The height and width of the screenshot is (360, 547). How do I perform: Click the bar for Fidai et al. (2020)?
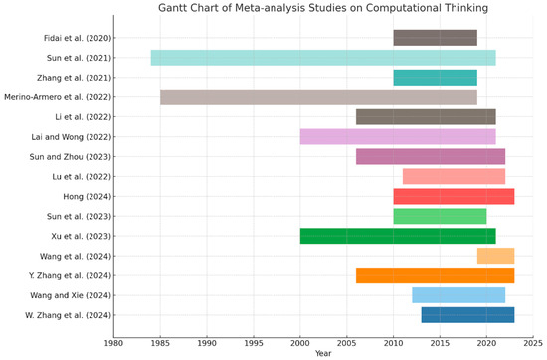click(x=435, y=38)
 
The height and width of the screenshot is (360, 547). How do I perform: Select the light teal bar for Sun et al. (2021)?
click(x=323, y=58)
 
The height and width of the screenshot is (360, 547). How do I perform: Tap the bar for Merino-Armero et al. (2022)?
click(x=319, y=97)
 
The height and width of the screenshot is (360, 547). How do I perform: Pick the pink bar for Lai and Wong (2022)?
click(x=398, y=137)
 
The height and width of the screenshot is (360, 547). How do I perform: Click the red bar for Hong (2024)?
click(x=454, y=196)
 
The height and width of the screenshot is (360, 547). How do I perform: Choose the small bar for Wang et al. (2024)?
click(x=495, y=256)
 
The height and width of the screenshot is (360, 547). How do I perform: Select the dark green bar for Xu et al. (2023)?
click(x=398, y=236)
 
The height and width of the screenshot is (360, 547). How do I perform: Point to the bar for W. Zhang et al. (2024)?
click(x=467, y=315)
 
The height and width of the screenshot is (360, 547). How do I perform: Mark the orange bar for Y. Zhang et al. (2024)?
click(x=435, y=275)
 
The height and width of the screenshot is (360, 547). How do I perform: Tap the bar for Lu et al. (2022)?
click(x=454, y=176)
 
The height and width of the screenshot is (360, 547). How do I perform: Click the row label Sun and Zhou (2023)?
click(x=71, y=157)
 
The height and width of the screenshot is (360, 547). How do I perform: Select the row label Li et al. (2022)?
click(x=84, y=117)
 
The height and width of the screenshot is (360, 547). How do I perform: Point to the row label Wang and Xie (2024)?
click(x=71, y=295)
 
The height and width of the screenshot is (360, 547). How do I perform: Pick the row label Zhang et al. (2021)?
click(x=75, y=78)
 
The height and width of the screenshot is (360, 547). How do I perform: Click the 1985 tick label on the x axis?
click(x=160, y=343)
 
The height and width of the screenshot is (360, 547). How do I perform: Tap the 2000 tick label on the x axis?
click(x=300, y=343)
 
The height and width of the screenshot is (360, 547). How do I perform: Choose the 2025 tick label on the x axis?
click(x=533, y=343)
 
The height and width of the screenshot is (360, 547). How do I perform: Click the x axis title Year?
click(x=323, y=354)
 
